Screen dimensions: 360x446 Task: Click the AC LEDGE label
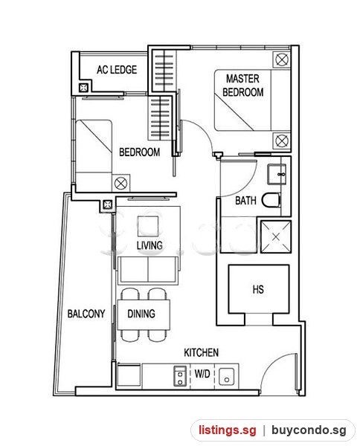coord(117,70)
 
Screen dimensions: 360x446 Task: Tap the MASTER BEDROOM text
coord(242,85)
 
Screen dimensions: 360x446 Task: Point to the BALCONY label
coord(86,314)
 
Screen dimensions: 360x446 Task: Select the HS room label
coord(258,290)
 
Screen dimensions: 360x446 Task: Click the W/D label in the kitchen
coord(202,373)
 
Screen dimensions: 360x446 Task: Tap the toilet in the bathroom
coord(271,200)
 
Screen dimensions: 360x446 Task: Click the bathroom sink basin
coord(277,174)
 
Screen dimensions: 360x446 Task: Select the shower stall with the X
coord(276,236)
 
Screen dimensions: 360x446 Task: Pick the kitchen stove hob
coord(180,376)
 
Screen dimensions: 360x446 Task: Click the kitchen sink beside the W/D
coord(227,377)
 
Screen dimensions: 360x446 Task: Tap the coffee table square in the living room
coord(148,226)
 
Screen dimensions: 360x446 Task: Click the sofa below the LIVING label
coord(148,270)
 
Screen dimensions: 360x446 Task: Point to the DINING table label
coord(141,314)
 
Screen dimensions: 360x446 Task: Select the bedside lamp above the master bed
coord(282,60)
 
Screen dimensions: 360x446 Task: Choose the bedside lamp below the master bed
coord(282,140)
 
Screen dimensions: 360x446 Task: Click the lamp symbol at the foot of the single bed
coord(120,183)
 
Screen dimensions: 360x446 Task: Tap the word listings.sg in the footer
coord(228,430)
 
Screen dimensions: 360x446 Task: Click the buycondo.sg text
coord(309,430)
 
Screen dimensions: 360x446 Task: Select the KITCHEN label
coord(202,352)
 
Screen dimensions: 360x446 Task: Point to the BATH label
coord(245,201)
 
